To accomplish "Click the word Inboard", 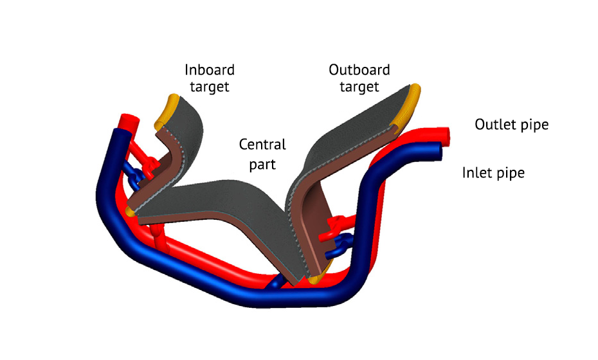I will (x=210, y=69).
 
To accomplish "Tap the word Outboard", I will (x=359, y=69).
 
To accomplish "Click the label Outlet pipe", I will (x=511, y=124).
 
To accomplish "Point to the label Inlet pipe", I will (x=493, y=173).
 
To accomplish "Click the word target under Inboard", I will (x=210, y=86).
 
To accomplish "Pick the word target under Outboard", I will (x=359, y=86).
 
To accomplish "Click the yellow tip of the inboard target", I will (x=168, y=107).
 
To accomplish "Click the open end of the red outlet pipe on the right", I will (x=446, y=134).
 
